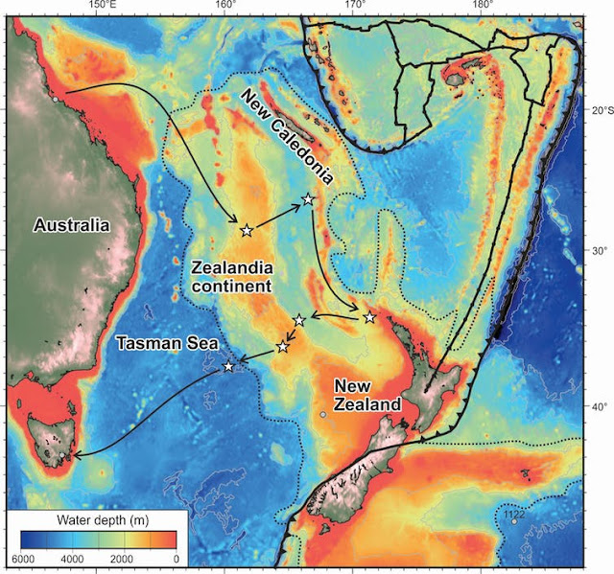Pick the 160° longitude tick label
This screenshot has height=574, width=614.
225,8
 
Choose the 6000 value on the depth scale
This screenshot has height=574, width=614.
24,559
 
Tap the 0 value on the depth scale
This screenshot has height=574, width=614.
176,559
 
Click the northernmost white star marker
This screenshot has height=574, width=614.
308,199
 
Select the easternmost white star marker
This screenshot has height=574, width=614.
369,317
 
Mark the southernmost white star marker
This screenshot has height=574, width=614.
228,366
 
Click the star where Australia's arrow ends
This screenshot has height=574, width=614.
247,230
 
